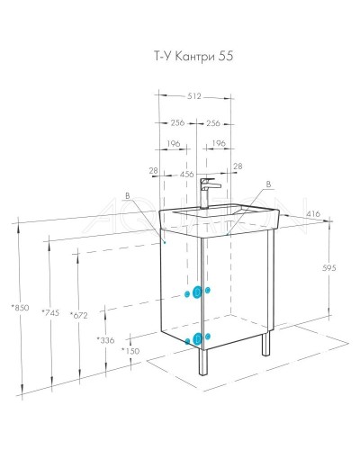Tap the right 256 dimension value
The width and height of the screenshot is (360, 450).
coord(212,123)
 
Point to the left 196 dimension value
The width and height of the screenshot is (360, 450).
coord(175,143)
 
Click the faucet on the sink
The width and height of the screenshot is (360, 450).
coord(205,190)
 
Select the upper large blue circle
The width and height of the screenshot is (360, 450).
coord(192,292)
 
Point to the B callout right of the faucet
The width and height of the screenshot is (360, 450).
coord(266,185)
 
